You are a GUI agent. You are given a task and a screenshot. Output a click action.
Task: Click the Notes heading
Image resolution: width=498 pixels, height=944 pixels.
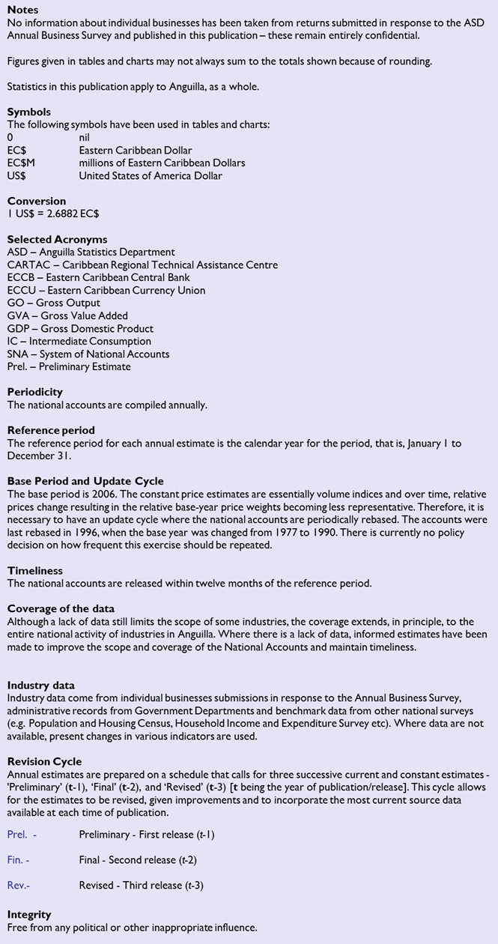click(x=22, y=10)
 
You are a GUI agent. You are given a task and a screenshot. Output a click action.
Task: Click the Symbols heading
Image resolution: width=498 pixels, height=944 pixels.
click(x=28, y=112)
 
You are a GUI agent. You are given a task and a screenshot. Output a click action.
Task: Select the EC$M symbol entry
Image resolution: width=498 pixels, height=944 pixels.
click(x=21, y=163)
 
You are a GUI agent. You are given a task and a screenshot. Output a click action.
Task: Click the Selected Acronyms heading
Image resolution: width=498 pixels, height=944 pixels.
click(x=57, y=239)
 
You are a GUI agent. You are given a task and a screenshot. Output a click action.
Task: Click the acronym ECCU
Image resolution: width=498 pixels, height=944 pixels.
click(x=22, y=290)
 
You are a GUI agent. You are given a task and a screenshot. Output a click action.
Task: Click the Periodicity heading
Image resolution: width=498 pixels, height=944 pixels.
click(x=34, y=392)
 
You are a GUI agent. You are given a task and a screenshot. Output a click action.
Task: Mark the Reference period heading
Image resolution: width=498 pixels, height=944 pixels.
click(x=51, y=430)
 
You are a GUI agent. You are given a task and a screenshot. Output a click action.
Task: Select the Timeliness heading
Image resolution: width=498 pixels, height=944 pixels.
click(x=34, y=571)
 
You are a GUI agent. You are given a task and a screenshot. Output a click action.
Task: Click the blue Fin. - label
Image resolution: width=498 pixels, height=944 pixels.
click(x=18, y=860)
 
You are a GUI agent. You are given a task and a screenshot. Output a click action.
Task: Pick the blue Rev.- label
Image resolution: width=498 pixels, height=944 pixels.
click(x=19, y=886)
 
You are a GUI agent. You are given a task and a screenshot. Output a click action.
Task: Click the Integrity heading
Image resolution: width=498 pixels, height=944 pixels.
click(x=29, y=915)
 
